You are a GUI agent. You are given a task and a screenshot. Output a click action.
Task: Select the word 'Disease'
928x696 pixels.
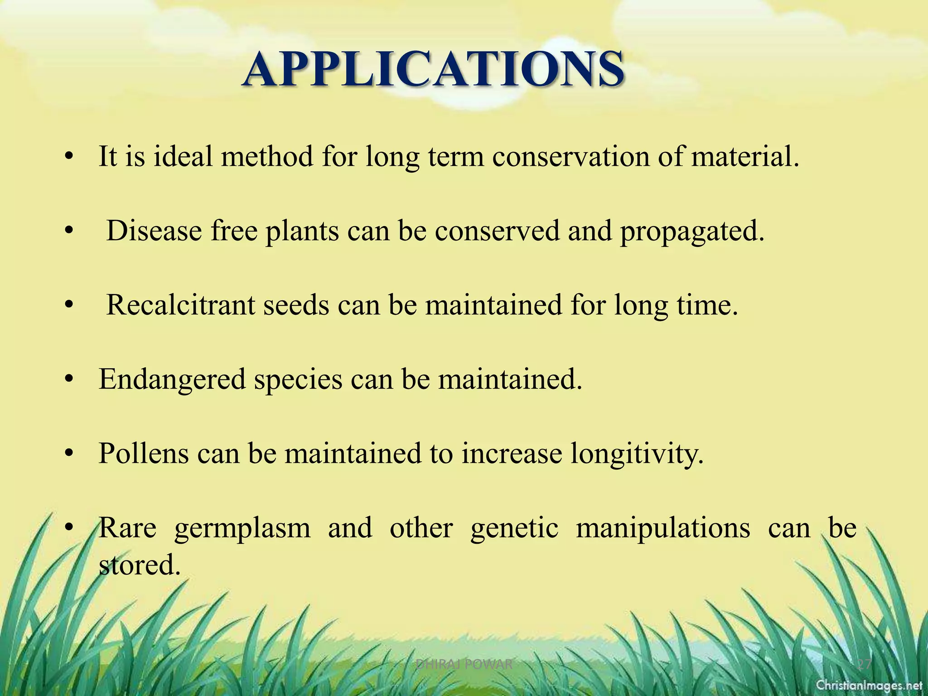coord(154,231)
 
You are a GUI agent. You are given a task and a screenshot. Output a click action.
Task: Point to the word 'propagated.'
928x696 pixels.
coord(692,232)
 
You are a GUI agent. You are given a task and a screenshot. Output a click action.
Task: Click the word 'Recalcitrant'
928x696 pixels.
coord(180,304)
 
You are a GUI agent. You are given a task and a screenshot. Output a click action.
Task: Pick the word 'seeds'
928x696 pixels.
coord(296,304)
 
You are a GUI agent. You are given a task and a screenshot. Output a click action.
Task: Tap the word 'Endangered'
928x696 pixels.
coord(172,379)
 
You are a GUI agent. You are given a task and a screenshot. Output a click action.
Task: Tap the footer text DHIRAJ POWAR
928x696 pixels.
coord(464,665)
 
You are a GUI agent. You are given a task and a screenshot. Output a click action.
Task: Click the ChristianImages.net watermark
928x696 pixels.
coord(869,685)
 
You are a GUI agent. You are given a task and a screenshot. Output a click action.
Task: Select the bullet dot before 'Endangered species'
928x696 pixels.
coord(68,379)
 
